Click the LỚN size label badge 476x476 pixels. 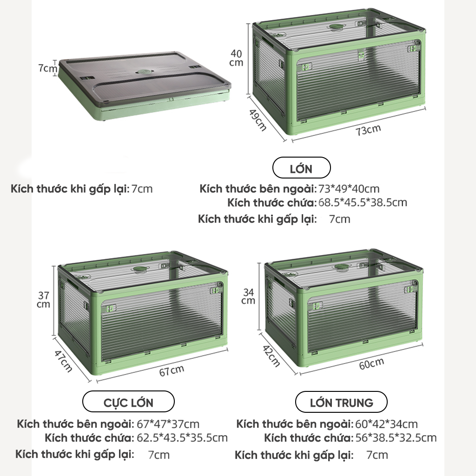coord(301,168)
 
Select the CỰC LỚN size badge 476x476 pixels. coord(128,402)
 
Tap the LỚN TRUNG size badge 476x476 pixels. coord(341,402)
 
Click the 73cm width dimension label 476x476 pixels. coord(368,130)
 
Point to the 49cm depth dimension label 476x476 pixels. coord(258,120)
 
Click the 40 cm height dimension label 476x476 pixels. coord(236,58)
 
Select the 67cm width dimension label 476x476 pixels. coord(172,370)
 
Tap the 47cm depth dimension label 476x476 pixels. coord(63,361)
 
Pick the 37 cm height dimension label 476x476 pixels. coord(43,300)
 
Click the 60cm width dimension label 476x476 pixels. coord(371,364)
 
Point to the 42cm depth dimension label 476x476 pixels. coord(271,356)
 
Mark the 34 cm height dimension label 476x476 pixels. coord(248,296)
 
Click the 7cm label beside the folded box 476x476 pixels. coord(47,68)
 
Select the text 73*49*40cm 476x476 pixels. coord(349,189)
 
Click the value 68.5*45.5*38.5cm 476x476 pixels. coord(363,203)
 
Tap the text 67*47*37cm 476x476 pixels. coord(168,424)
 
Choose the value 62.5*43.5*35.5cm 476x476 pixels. coord(182,438)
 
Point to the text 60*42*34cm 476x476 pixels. coord(386,424)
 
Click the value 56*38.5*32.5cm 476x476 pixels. coord(396,438)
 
